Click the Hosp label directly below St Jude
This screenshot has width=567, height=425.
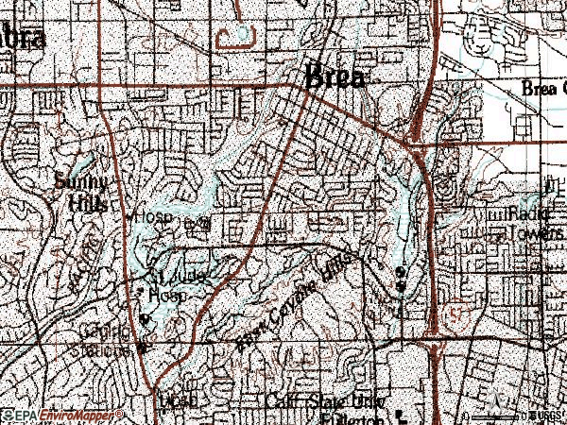point(176,294)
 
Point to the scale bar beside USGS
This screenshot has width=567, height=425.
point(496,416)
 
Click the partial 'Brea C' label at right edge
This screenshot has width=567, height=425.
point(542,88)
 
